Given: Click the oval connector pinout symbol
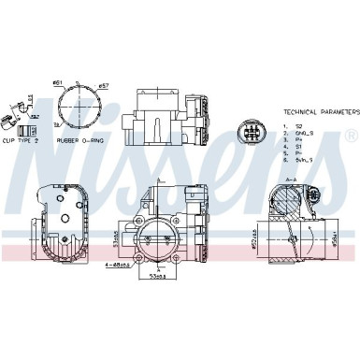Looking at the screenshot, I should [x=250, y=131].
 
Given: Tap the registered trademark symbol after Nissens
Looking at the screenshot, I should [x=349, y=137].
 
